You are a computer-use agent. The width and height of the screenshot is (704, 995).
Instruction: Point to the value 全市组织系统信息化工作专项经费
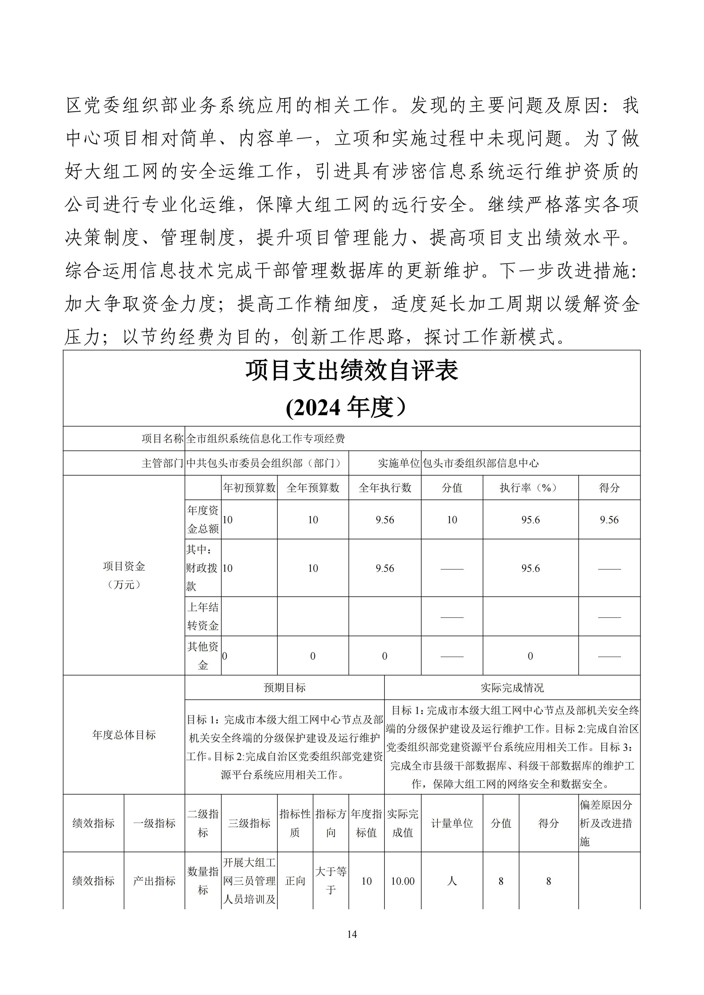pos(265,439)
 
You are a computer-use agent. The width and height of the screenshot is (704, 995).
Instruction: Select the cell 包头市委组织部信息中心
pos(481,463)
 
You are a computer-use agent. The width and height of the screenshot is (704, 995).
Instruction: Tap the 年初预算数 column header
pos(249,488)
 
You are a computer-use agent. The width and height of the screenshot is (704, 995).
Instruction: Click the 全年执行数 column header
pos(385,488)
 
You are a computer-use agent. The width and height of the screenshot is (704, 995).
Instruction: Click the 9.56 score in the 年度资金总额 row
pos(609,520)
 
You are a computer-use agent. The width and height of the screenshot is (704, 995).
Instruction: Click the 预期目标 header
pos(285,688)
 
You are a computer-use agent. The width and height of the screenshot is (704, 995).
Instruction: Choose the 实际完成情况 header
pos(512,688)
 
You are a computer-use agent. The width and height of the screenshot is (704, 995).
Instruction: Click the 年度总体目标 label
pos(124,735)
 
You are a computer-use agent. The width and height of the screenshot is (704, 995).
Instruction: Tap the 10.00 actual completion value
pos(403,881)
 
